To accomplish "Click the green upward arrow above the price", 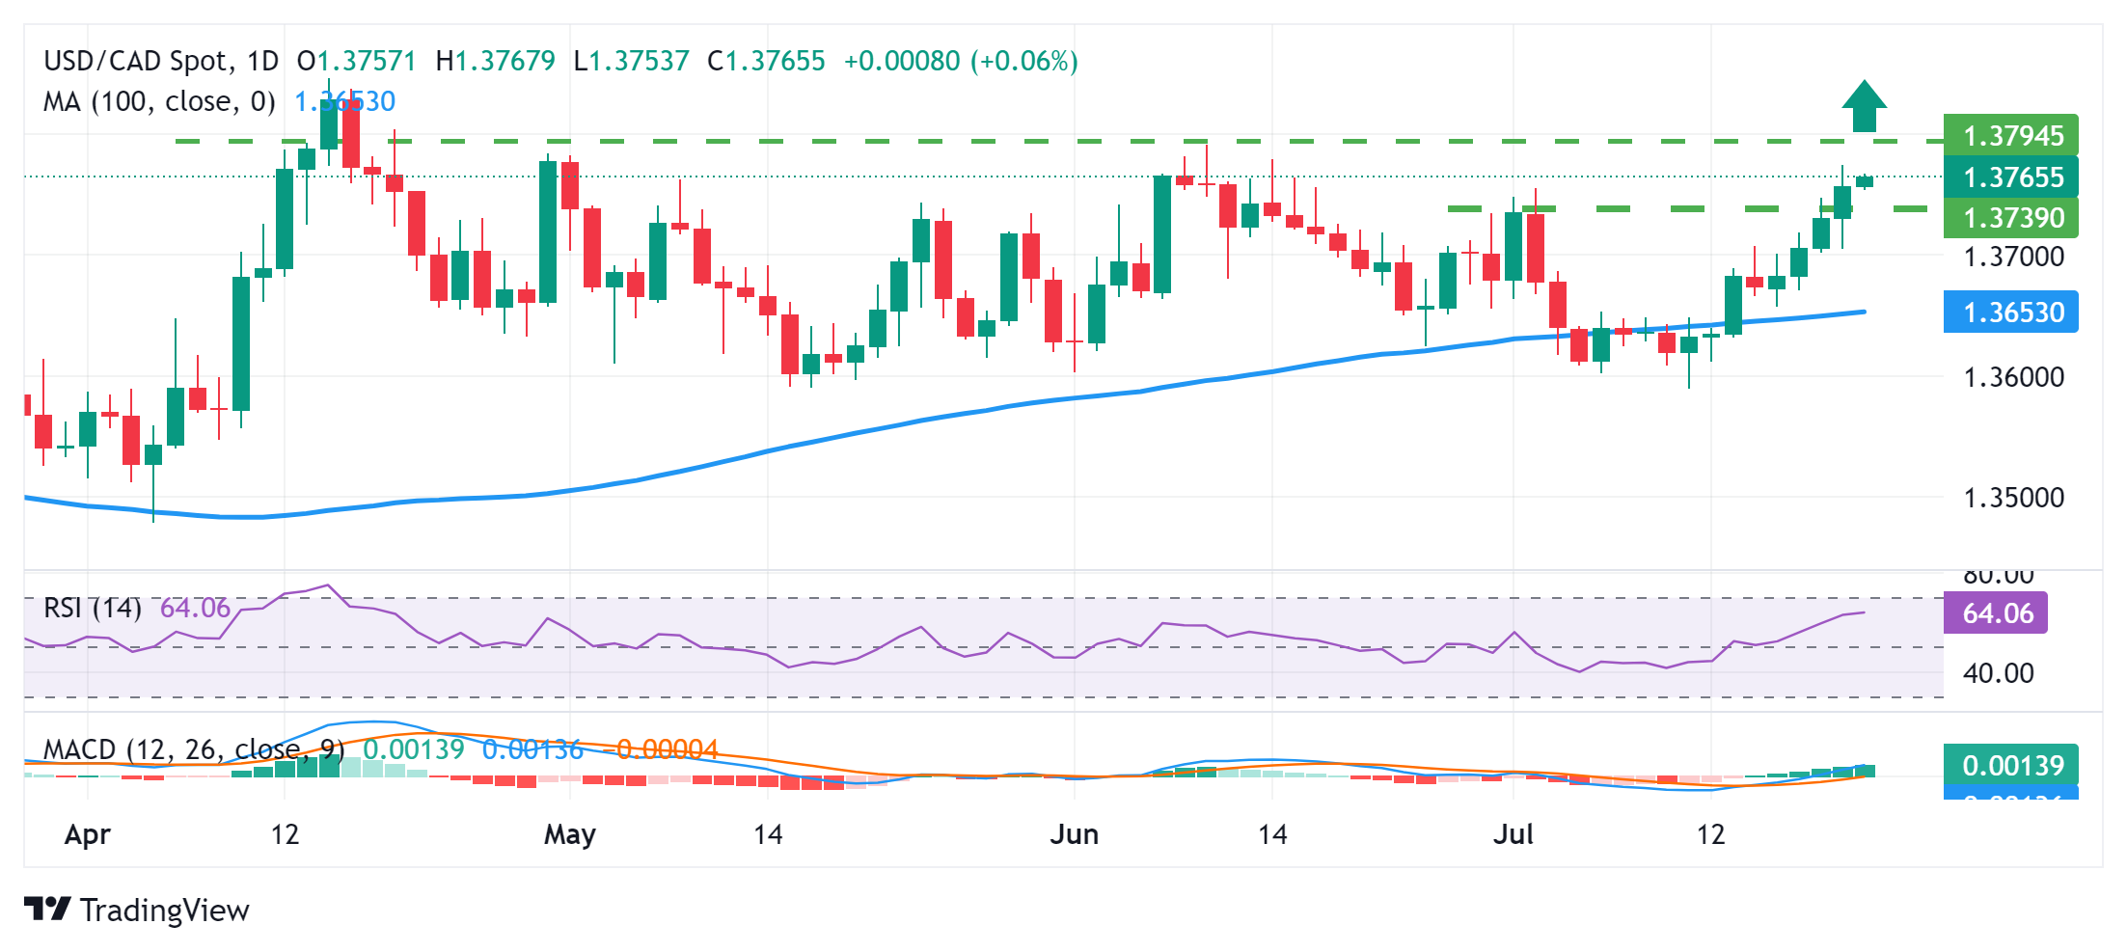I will (1864, 106).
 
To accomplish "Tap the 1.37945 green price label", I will (2011, 136).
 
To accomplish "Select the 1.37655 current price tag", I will (2011, 177).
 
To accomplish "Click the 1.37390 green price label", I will (2011, 218).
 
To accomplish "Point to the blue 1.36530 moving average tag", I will (2011, 313).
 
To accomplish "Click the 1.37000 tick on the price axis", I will (2014, 257).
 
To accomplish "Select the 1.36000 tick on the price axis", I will (2014, 377).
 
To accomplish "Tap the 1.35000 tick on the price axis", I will (2014, 498).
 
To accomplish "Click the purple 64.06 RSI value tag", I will (1996, 613).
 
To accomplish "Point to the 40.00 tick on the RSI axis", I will (1999, 673).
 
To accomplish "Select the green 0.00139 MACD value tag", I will (2011, 766).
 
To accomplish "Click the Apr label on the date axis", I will (88, 834).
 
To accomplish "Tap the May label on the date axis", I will (570, 834).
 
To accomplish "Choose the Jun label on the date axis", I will (1075, 834).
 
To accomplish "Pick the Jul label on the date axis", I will (1513, 834).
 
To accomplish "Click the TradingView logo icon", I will (47, 909).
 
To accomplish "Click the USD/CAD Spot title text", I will (139, 62).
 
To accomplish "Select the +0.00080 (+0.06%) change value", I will (961, 62).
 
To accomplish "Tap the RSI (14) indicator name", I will (93, 609).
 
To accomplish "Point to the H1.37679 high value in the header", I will (496, 62).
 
